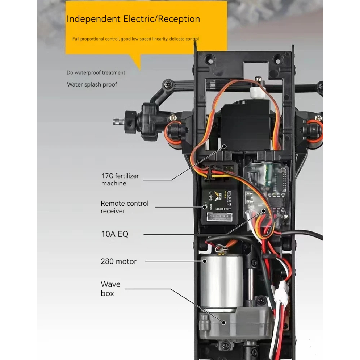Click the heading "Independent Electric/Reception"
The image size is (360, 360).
pos(133,19)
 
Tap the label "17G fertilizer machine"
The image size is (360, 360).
pos(120,180)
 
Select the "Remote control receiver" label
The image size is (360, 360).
pos(124,207)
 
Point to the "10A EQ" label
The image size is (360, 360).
pos(114,234)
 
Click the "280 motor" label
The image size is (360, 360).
pos(118,261)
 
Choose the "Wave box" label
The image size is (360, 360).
pos(110,289)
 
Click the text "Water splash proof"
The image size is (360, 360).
pos(92,84)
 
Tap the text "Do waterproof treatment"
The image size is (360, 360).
pos(96,72)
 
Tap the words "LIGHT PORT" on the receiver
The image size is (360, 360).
pos(223,209)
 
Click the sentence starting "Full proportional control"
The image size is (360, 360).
pos(135,39)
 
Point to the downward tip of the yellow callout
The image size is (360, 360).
pos(139,69)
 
